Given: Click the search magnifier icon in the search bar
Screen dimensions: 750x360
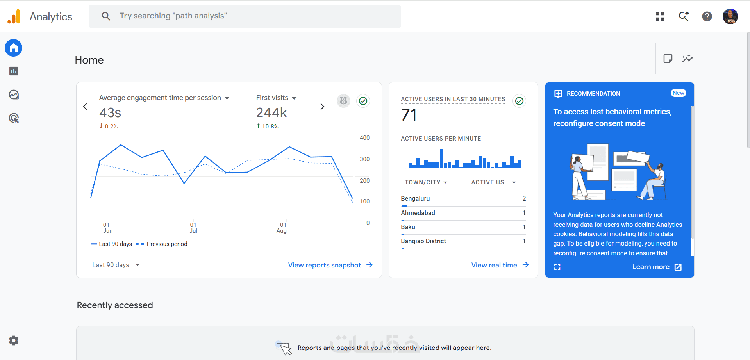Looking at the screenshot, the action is (x=106, y=16).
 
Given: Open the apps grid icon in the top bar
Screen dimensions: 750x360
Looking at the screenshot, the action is (x=660, y=16).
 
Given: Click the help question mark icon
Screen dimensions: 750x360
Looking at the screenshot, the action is (x=707, y=16).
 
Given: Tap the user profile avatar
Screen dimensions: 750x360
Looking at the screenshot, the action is (x=730, y=16).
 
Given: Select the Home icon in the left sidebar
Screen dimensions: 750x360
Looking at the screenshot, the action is (x=14, y=48).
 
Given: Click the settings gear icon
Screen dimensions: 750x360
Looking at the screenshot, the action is (x=14, y=340).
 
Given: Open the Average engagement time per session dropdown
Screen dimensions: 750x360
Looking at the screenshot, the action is (x=164, y=98).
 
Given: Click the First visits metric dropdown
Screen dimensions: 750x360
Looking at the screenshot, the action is (x=276, y=98).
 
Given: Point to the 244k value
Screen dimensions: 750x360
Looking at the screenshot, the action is (x=271, y=113).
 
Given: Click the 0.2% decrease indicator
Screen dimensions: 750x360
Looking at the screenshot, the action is (x=108, y=126).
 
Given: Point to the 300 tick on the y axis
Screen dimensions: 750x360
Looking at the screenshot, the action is (x=364, y=159).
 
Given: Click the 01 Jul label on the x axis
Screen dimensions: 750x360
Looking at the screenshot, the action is (x=193, y=228).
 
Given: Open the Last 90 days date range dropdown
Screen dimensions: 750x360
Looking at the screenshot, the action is (x=116, y=265).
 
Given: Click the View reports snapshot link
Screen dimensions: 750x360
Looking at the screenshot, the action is (x=330, y=265).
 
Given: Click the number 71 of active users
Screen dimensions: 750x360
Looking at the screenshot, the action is (x=409, y=115).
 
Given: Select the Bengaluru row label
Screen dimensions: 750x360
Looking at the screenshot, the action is (x=415, y=198).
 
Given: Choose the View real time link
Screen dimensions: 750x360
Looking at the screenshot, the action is (x=500, y=265).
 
